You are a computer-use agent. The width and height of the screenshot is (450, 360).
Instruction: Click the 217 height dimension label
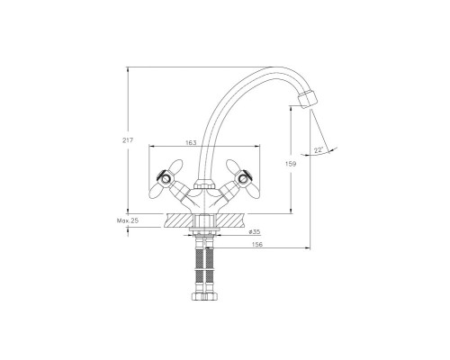(x=128, y=140)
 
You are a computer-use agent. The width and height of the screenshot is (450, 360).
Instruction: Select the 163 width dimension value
(x=191, y=142)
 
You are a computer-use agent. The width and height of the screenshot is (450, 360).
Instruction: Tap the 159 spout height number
(x=291, y=164)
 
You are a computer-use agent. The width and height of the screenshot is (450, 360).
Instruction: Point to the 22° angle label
(x=319, y=150)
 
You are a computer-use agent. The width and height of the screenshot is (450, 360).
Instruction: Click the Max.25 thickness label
(x=128, y=220)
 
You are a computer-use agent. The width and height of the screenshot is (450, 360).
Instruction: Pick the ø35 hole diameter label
(x=255, y=231)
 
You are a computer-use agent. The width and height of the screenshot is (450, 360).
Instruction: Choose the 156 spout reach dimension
(x=257, y=245)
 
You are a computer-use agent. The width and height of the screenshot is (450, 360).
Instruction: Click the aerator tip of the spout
(x=307, y=99)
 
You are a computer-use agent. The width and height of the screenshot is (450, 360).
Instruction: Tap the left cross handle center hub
(x=166, y=179)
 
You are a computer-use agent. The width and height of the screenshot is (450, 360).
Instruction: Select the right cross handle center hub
(x=243, y=179)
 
